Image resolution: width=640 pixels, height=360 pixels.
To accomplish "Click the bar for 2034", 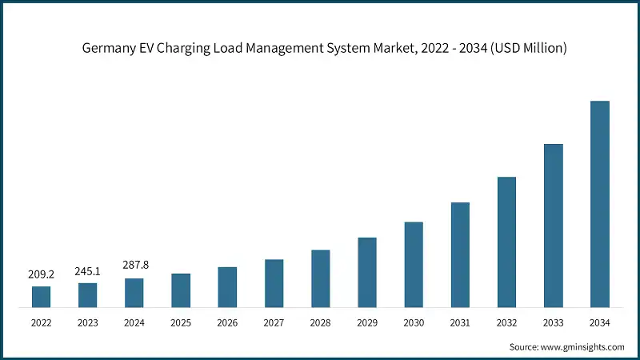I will click(600, 204).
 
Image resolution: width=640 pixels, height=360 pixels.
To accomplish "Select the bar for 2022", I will click(41, 297).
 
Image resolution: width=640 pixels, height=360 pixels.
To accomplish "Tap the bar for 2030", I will click(414, 265).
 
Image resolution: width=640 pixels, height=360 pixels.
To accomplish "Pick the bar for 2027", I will click(274, 283).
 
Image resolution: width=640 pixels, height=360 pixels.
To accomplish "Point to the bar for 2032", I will click(506, 242).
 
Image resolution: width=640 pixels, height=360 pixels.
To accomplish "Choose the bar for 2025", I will click(181, 290).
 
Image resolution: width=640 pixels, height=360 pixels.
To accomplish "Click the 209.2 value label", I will click(41, 274).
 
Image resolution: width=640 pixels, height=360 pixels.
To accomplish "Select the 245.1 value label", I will click(88, 271).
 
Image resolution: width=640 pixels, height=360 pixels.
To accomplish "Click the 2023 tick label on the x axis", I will click(88, 322).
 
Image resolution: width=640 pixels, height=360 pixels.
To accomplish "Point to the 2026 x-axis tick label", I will click(227, 322).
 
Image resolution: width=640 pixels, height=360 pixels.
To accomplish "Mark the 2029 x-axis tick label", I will click(367, 322).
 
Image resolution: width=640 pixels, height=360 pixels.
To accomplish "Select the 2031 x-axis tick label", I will click(460, 322).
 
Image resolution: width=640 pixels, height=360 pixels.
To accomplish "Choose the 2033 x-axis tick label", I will click(553, 322).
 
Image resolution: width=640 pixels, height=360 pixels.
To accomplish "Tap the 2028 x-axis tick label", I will click(321, 322).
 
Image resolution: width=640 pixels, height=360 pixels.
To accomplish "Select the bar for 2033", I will click(553, 226).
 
